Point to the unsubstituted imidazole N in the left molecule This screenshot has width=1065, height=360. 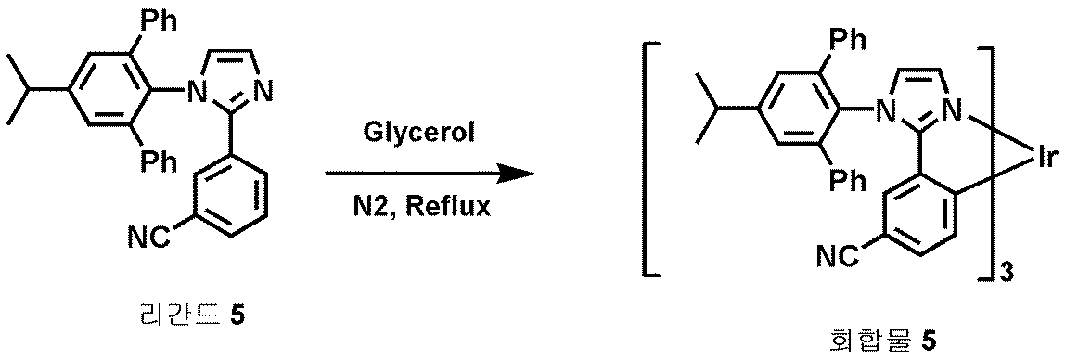tap(263, 93)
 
